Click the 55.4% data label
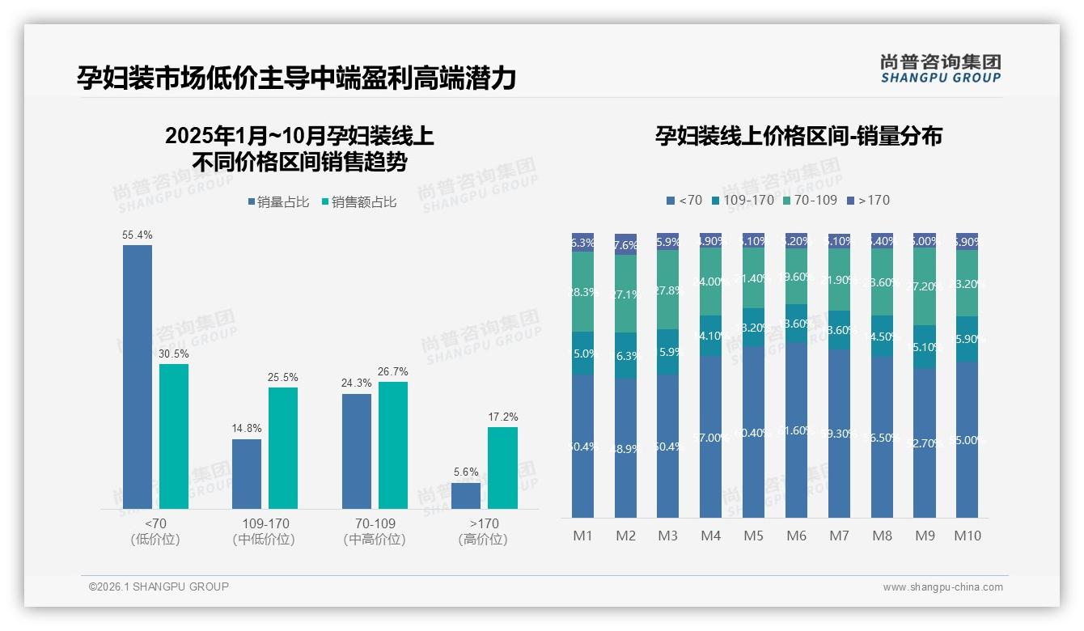tap(138, 235)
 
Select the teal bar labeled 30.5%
tap(174, 436)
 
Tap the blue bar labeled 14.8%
tap(247, 474)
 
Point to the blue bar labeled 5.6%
tap(466, 496)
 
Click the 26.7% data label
tap(392, 372)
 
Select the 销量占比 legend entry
tap(278, 202)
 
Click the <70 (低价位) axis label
tap(155, 531)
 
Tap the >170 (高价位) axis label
tap(483, 531)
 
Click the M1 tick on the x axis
tap(582, 536)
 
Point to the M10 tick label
tap(968, 536)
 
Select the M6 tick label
tap(796, 536)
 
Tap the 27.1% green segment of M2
tap(625, 294)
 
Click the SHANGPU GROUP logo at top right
tap(940, 69)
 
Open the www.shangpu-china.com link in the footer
tap(942, 587)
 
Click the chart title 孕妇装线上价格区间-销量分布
tap(798, 136)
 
